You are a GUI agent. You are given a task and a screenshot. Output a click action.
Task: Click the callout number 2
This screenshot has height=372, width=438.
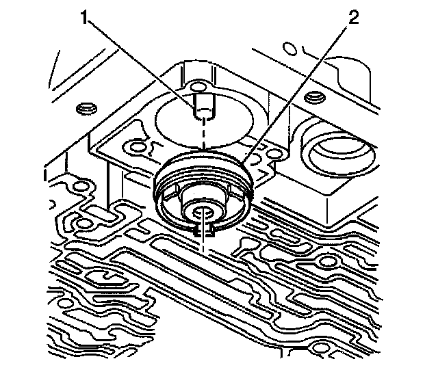tap(352, 19)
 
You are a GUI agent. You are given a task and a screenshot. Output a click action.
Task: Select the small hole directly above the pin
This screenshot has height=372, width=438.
tap(198, 86)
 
